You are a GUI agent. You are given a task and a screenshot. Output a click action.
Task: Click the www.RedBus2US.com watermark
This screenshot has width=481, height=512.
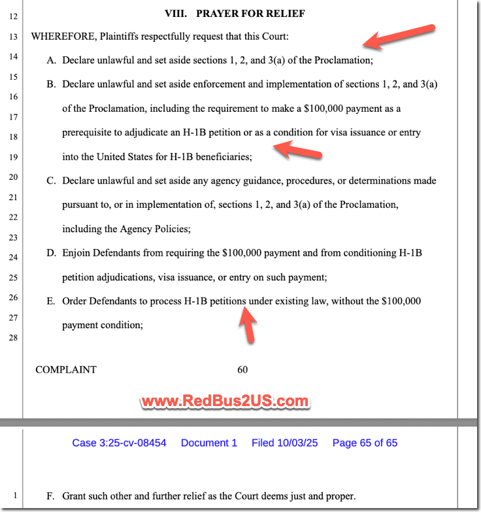click(x=225, y=401)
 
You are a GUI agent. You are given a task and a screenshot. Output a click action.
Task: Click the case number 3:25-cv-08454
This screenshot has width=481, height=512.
click(x=119, y=443)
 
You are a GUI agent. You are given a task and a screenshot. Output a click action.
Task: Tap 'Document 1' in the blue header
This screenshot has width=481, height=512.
click(x=209, y=443)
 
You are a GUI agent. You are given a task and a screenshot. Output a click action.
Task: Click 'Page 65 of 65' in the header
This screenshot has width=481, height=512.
click(x=365, y=443)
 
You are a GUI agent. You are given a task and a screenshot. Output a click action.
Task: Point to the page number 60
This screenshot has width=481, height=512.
click(x=242, y=369)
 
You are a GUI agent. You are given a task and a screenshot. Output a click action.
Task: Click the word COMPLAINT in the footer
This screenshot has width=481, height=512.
click(x=66, y=369)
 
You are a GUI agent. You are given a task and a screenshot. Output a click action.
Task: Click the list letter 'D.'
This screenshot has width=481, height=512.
click(x=51, y=252)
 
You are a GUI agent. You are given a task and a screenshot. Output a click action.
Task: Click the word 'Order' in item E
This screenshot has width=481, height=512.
click(x=75, y=301)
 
